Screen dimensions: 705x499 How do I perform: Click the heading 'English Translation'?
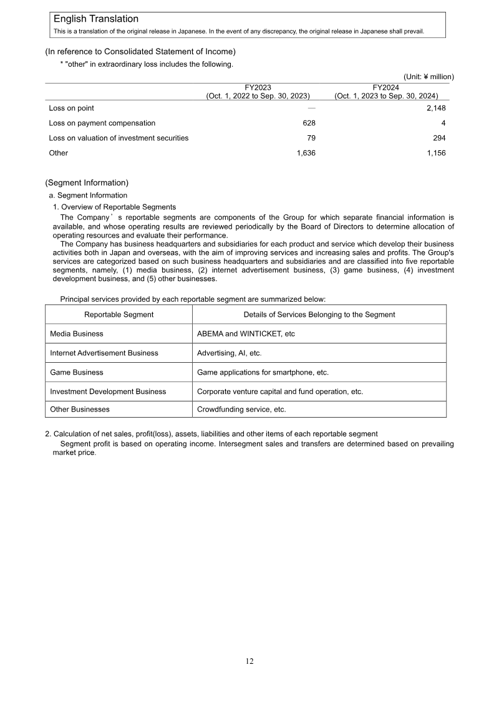coord(95,19)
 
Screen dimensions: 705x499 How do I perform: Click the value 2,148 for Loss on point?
coord(434,108)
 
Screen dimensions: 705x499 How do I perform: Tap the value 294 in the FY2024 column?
coord(438,138)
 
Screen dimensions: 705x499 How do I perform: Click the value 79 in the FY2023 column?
coord(311,138)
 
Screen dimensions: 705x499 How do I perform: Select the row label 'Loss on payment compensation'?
coord(102,123)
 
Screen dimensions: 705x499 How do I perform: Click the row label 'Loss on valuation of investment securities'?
coord(119,138)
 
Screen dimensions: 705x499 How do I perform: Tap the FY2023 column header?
coord(258,92)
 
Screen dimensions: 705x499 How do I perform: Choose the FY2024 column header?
coord(385,92)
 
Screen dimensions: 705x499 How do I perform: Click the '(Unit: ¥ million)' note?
coord(429,77)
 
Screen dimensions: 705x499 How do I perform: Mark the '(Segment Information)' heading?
coord(87,183)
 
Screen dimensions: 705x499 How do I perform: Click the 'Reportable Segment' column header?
coord(119,314)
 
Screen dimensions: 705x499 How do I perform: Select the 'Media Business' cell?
coord(77,333)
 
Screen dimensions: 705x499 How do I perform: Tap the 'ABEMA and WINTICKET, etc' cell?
coord(246,333)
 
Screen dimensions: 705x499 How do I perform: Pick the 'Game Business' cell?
coord(77,372)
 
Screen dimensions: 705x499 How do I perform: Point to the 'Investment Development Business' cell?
coord(108,391)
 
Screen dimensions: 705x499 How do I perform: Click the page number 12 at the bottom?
coord(249,661)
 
